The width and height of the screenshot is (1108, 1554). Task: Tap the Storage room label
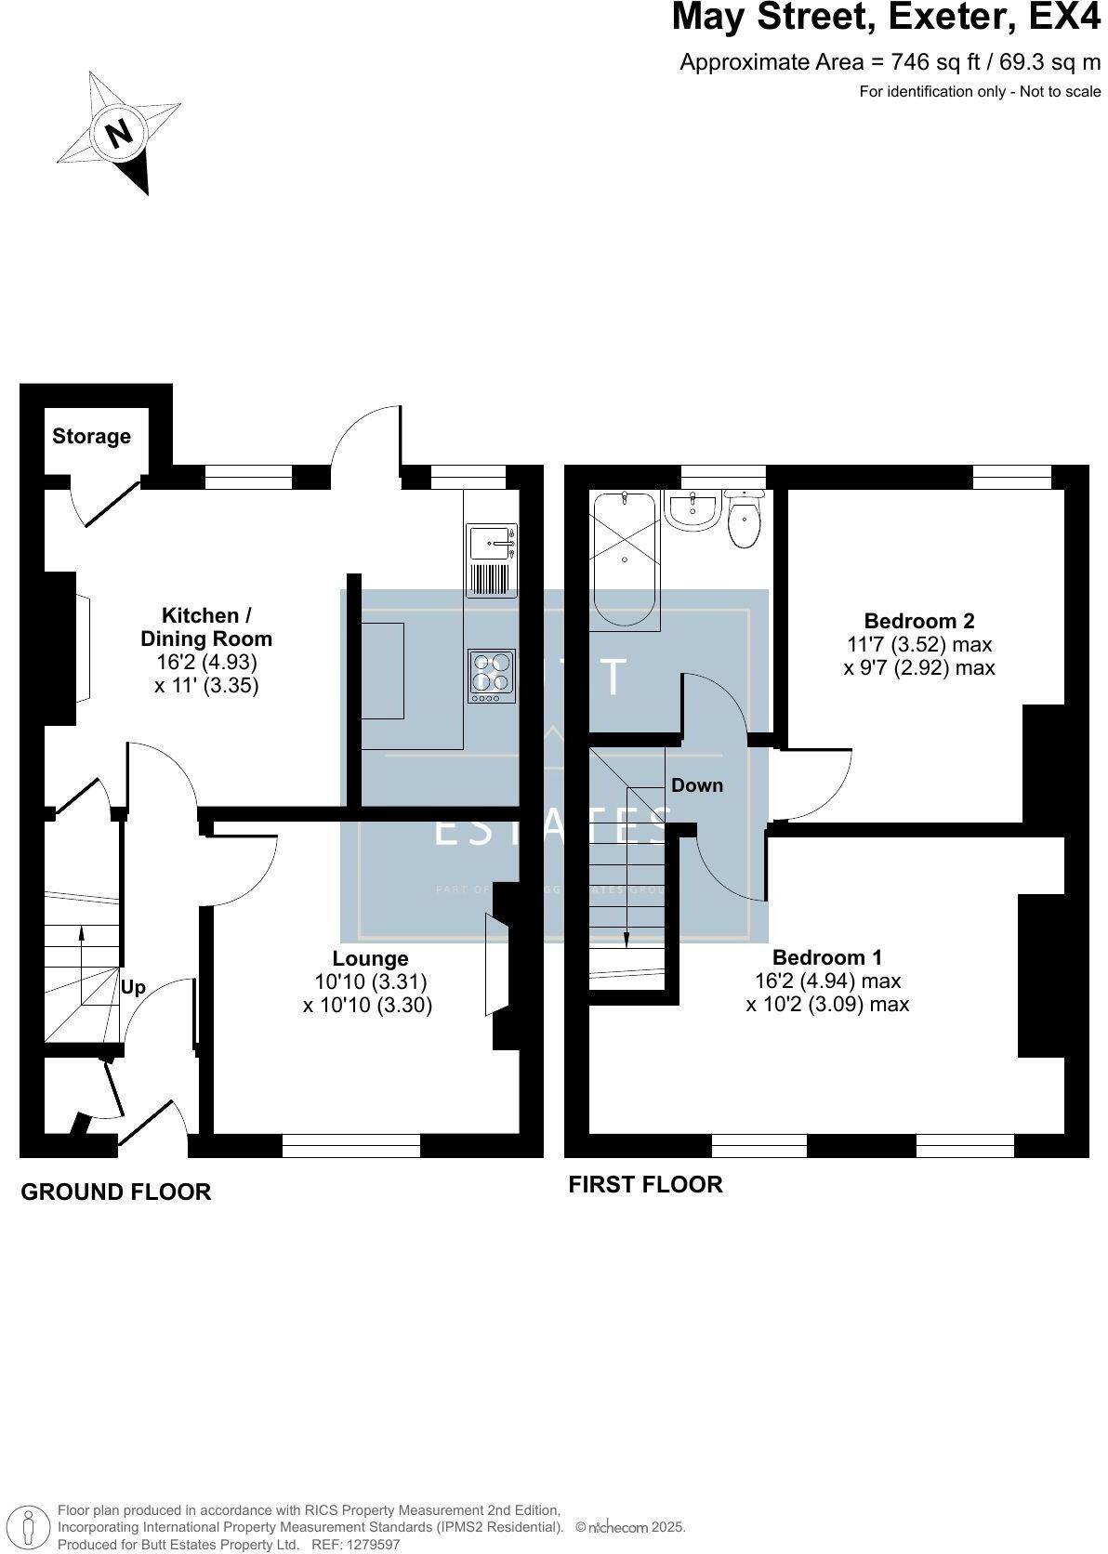(x=91, y=436)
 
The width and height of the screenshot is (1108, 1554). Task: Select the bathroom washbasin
(x=692, y=511)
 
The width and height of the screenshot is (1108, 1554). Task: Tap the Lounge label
(x=370, y=958)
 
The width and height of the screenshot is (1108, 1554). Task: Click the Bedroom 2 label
(x=918, y=620)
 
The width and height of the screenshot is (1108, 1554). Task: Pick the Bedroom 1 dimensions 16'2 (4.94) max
(x=827, y=981)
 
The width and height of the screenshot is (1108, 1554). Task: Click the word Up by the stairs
(x=133, y=987)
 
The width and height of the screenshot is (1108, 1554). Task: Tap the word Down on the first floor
(x=696, y=785)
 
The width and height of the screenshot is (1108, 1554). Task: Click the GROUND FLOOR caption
(x=116, y=1192)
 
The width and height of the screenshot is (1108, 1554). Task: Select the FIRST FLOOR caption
(x=645, y=1184)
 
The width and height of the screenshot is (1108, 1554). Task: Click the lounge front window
(x=351, y=1145)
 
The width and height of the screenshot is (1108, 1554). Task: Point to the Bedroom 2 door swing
(x=818, y=781)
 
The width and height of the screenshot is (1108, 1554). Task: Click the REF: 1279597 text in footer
(x=354, y=1545)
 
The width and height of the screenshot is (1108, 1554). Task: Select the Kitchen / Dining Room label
(x=206, y=626)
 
